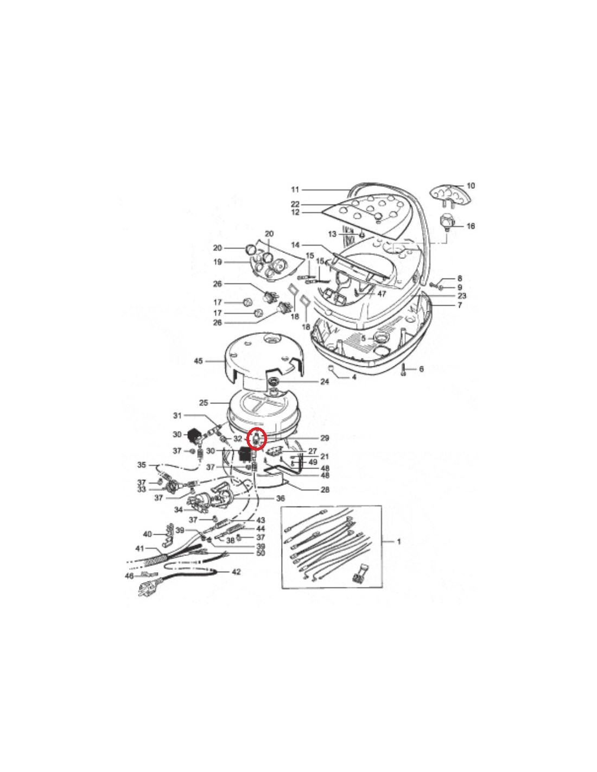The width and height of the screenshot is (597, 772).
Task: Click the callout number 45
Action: click(199, 362)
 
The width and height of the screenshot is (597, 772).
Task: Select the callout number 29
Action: click(325, 439)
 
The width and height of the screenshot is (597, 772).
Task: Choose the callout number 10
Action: click(471, 186)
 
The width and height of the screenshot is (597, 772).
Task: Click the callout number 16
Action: click(471, 226)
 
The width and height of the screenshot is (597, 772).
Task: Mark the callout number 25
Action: click(204, 403)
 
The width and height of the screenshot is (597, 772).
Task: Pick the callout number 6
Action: click(421, 369)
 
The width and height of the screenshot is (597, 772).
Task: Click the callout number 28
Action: click(325, 490)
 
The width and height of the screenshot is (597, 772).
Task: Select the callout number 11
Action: click(295, 189)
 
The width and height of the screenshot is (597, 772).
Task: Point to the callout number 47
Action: click(381, 294)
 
